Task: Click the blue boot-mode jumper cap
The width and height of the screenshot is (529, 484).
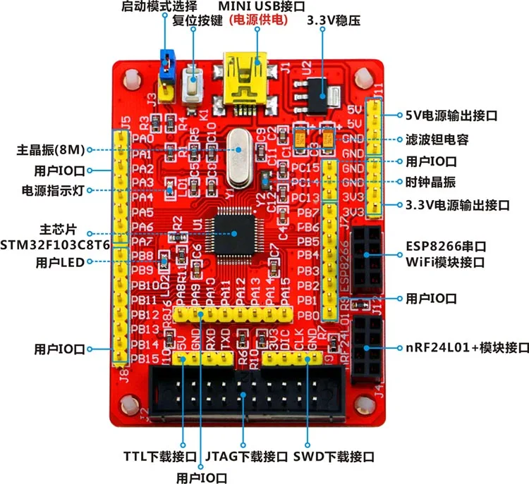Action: click(167, 62)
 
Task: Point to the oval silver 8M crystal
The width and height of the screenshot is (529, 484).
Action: click(238, 156)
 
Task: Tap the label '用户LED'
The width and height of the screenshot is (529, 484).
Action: click(59, 262)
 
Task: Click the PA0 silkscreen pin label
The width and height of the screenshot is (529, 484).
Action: click(142, 139)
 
